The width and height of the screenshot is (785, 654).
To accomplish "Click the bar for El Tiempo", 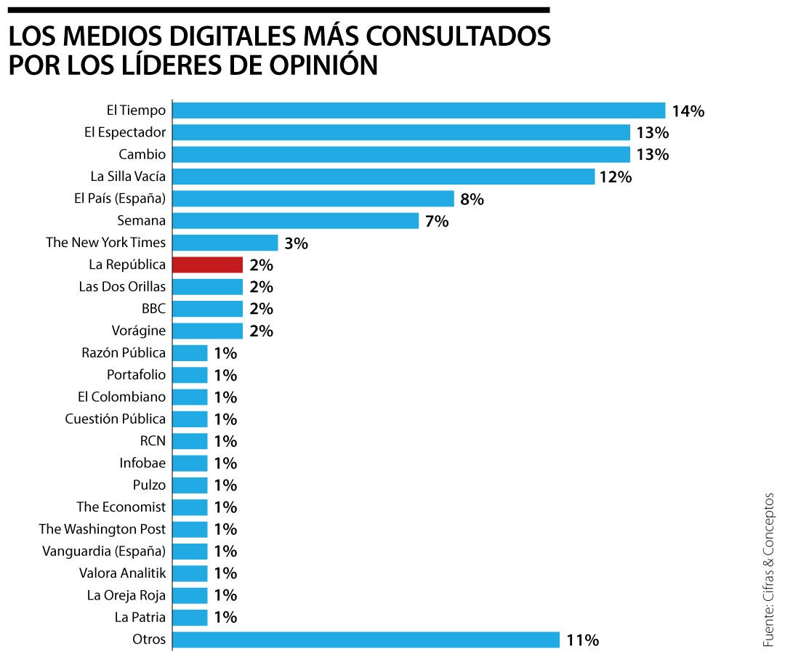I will pyautogui.click(x=419, y=110).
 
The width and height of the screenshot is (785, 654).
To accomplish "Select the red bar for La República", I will pyautogui.click(x=208, y=265).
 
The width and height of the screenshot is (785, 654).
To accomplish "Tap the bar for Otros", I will pyautogui.click(x=366, y=640).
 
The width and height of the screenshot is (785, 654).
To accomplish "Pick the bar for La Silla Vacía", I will pyautogui.click(x=384, y=177).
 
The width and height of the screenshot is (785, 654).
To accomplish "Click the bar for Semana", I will pyautogui.click(x=296, y=220).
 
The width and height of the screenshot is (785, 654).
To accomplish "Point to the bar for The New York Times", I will pyautogui.click(x=225, y=243).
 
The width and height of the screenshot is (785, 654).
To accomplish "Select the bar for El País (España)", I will pyautogui.click(x=313, y=198).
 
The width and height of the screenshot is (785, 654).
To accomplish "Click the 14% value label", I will pyautogui.click(x=688, y=111).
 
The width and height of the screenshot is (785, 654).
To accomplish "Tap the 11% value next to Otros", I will pyautogui.click(x=582, y=640).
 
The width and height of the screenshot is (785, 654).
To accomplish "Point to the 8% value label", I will pyautogui.click(x=472, y=199).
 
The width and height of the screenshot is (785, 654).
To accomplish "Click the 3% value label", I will pyautogui.click(x=296, y=243).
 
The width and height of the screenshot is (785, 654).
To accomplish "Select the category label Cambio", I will pyautogui.click(x=142, y=155).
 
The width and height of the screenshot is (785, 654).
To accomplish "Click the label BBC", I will pyautogui.click(x=153, y=309).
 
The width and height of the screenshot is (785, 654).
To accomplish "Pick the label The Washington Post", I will pyautogui.click(x=102, y=529).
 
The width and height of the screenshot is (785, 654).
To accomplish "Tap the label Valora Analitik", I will pyautogui.click(x=122, y=573).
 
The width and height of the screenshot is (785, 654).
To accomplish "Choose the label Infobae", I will pyautogui.click(x=142, y=463).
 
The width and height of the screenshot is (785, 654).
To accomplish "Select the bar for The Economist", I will pyautogui.click(x=190, y=507).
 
